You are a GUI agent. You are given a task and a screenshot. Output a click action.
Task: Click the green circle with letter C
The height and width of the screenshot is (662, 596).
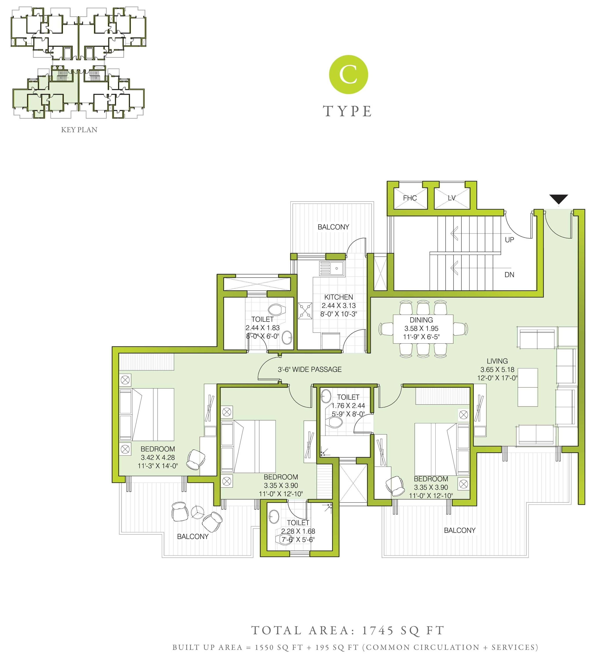(348, 74)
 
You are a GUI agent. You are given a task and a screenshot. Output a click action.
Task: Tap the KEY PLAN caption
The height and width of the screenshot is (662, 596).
(79, 130)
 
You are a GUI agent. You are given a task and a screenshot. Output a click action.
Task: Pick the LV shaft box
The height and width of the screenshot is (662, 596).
(452, 198)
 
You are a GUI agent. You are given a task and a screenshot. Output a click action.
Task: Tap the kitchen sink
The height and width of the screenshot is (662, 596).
(332, 269)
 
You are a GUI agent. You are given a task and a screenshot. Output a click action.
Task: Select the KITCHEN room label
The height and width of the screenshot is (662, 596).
(339, 297)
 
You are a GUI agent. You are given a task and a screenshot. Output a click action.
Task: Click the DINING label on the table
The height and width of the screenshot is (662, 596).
(421, 320)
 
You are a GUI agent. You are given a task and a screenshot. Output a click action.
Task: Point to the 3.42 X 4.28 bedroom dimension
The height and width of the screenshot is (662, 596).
(158, 457)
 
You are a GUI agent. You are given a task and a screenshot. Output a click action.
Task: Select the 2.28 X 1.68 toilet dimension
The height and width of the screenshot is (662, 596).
(298, 531)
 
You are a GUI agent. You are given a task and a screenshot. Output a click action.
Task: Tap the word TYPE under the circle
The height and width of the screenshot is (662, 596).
(348, 111)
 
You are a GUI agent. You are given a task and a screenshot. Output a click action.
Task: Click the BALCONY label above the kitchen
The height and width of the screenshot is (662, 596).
(333, 227)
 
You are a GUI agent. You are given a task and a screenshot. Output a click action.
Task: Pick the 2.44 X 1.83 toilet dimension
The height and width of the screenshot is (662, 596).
(263, 327)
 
